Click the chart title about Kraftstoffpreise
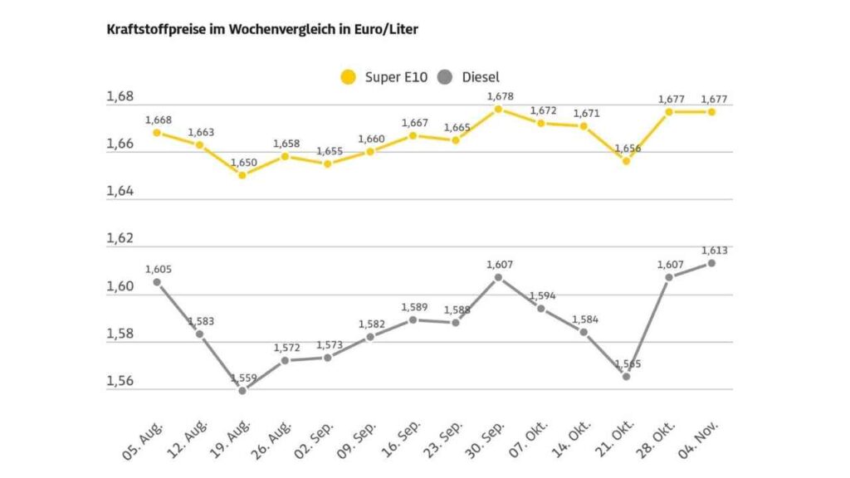point(262,30)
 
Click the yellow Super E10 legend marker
point(349,77)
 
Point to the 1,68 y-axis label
point(120,97)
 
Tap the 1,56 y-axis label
point(120,382)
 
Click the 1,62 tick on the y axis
point(120,239)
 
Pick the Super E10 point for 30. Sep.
point(498,109)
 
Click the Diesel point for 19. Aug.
point(242,390)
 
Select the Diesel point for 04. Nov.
point(711,263)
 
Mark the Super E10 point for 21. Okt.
point(626,161)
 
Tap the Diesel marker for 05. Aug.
point(157,282)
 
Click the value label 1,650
point(243,163)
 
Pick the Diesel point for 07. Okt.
point(540,309)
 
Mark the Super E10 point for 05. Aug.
point(157,133)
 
